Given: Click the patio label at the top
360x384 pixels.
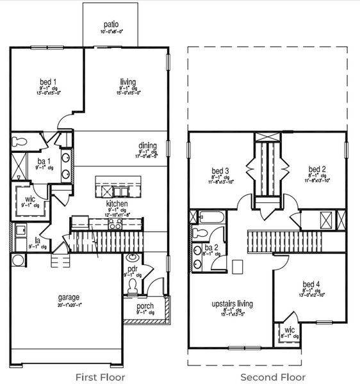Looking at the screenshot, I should point(110,24).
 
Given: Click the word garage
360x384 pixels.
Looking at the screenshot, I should point(69,297).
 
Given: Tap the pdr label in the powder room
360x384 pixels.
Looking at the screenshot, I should point(133,269).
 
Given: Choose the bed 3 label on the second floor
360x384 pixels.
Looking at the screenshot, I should point(220,170).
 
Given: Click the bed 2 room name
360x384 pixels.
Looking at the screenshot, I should point(316,170).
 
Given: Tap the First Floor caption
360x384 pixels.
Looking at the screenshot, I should point(100,377).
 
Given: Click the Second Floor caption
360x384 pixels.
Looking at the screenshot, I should point(273,377).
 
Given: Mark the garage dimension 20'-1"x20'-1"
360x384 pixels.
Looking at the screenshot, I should point(69,305).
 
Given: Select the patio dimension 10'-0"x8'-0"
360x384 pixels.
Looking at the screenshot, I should point(110,31).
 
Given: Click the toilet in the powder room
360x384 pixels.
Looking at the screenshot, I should point(133,290).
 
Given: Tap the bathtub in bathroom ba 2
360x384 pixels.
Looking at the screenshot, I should point(212,217).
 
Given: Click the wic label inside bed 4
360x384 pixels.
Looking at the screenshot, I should point(290,331).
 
